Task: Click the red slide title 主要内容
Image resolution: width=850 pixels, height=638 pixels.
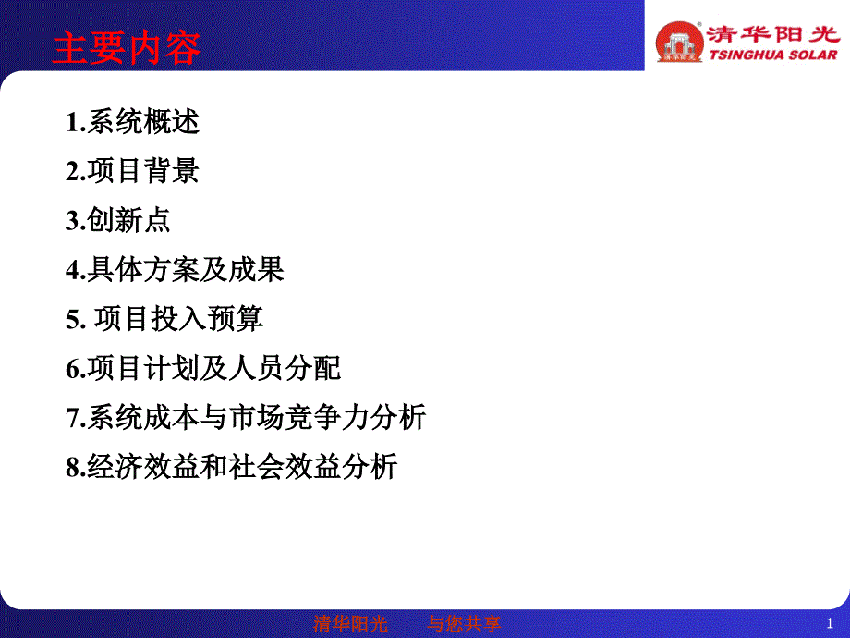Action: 127,48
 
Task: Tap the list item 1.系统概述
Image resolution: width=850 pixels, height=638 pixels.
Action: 133,121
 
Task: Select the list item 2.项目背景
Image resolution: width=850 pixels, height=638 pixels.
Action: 133,171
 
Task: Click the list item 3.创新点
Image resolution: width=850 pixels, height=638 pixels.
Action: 118,220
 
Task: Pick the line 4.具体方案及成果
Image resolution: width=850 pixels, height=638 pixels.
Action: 176,270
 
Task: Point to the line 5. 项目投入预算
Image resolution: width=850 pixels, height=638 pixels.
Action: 164,318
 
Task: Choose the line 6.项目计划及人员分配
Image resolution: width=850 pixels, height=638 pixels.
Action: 203,368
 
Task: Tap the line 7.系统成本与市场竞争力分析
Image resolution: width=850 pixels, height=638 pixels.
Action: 246,418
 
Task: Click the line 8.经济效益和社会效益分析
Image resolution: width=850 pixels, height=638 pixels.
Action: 232,467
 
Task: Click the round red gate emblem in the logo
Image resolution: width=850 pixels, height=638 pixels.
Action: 679,42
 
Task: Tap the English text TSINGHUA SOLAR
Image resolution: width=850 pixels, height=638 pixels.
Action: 773,55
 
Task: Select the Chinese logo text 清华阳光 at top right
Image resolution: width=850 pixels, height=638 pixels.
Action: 773,34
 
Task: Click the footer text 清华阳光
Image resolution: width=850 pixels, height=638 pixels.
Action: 350,624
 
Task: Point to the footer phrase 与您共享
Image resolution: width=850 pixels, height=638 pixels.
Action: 464,624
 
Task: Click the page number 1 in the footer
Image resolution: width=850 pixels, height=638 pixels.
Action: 830,624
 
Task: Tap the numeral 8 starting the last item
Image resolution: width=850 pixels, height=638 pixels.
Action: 73,468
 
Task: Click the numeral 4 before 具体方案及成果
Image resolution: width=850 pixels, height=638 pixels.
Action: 73,270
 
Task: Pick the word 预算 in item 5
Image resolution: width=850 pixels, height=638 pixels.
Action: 236,318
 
